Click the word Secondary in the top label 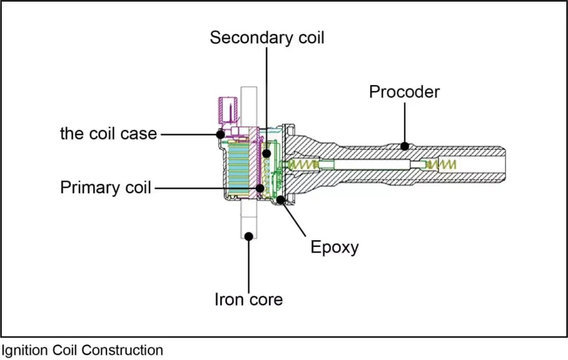click(247, 37)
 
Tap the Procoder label click(404, 91)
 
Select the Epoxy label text click(334, 246)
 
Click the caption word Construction click(122, 351)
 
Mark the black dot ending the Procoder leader click(404, 146)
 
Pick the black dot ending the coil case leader click(220, 134)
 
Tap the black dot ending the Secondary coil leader click(267, 153)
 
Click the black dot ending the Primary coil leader click(260, 188)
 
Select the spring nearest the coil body click(303, 164)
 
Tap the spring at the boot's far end click(445, 164)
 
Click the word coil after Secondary click(308, 37)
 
